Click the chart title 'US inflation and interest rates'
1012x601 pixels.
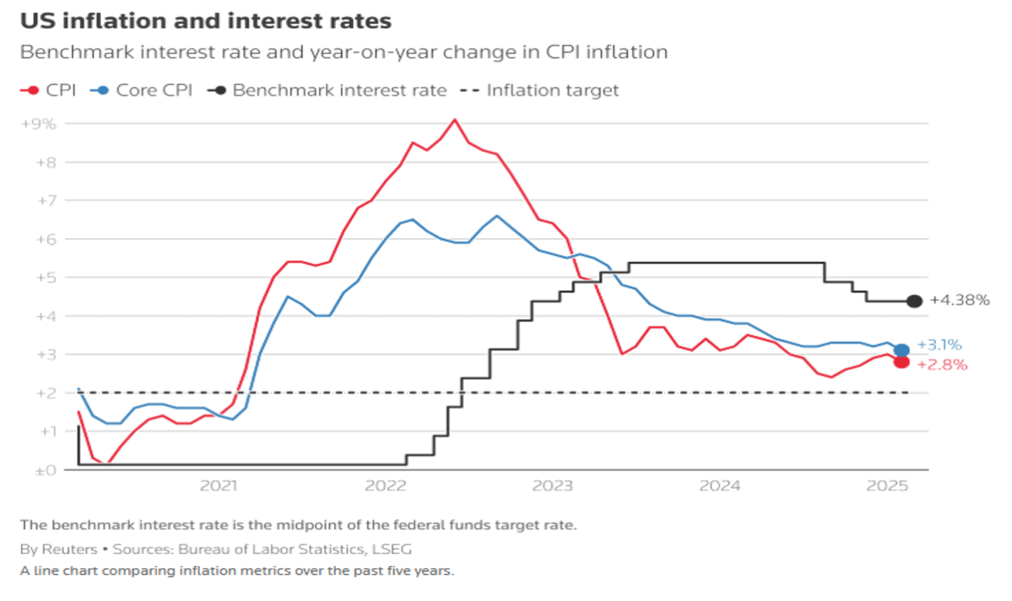coord(206,21)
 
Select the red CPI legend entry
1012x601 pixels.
coord(49,90)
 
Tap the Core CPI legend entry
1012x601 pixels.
coord(142,90)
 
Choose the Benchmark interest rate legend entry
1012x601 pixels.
coord(327,90)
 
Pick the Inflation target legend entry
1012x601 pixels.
coord(540,90)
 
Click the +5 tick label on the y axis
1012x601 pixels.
coord(45,278)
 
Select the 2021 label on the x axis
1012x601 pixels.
coord(218,486)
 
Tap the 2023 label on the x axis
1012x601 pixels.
coord(552,486)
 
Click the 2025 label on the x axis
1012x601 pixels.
coord(887,486)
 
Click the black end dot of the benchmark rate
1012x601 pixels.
coord(914,301)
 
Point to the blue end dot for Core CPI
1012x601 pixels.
coord(901,350)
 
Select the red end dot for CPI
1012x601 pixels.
coord(901,362)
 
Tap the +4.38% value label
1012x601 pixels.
coord(959,300)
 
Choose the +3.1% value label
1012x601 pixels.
coord(940,345)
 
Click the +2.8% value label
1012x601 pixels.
coord(942,365)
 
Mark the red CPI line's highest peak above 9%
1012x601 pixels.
coord(455,120)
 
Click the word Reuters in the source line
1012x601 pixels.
coord(69,549)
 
